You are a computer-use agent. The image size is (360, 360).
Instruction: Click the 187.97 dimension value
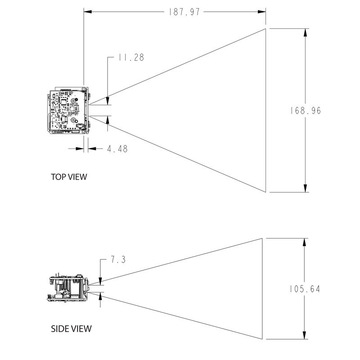183,12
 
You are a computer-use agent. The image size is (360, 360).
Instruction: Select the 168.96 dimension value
306,110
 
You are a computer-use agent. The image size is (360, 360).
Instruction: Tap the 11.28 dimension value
131,58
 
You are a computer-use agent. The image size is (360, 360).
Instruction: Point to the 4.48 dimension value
117,148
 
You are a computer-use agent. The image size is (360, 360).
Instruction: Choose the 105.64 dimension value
305,289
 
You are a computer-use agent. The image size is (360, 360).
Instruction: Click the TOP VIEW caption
69,177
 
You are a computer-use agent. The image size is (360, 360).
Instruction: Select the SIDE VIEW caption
71,328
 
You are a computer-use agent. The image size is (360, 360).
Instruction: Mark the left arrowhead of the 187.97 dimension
88,12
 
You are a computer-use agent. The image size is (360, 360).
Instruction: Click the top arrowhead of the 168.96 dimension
306,33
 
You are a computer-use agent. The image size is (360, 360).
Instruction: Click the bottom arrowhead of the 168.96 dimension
306,188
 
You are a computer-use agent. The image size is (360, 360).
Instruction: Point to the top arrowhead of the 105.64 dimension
306,242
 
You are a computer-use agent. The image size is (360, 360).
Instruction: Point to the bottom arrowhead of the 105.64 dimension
306,336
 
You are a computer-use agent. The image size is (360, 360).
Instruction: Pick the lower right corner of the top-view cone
265,192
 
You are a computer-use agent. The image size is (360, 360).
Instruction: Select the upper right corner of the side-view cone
262,238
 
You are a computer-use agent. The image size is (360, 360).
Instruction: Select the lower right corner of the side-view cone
262,340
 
